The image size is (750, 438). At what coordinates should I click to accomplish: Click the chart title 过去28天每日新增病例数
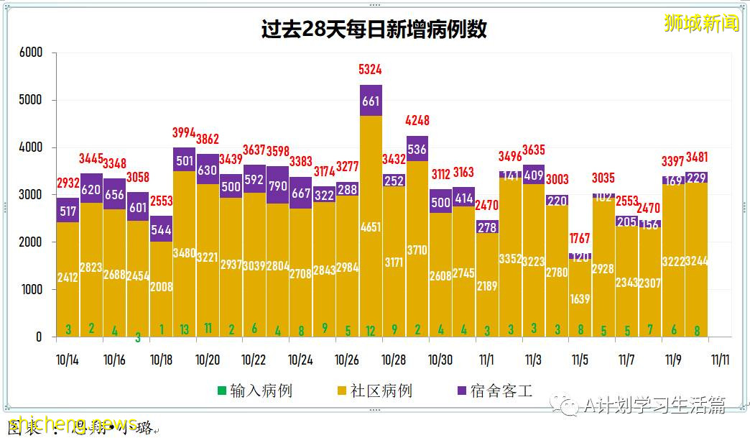point(374,29)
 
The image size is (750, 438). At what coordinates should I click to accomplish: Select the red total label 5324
point(371,70)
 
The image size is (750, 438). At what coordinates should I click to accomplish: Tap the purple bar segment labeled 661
point(371,101)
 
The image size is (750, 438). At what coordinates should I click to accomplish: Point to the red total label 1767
point(580,238)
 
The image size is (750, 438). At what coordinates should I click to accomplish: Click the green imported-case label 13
point(185,329)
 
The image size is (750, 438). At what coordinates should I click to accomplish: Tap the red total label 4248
point(417,120)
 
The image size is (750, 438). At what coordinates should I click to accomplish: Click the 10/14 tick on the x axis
point(68,360)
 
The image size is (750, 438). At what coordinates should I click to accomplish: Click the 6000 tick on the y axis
point(31,53)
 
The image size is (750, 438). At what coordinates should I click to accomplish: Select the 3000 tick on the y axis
point(31,195)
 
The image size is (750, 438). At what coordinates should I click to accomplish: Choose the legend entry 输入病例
point(255,391)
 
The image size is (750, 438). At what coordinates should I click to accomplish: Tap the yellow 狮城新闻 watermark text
point(701,23)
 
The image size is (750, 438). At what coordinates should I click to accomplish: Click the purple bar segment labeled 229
point(697,178)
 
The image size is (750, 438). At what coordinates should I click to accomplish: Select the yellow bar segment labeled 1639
point(580,298)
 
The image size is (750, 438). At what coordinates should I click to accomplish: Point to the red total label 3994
point(185,132)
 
